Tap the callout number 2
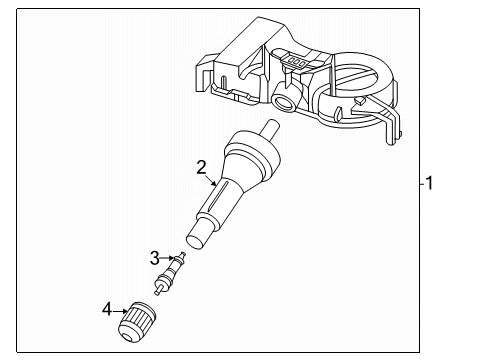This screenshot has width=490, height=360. click(200, 167)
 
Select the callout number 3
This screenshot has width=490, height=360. click(156, 257)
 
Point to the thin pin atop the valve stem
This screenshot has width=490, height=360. click(269, 126)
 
